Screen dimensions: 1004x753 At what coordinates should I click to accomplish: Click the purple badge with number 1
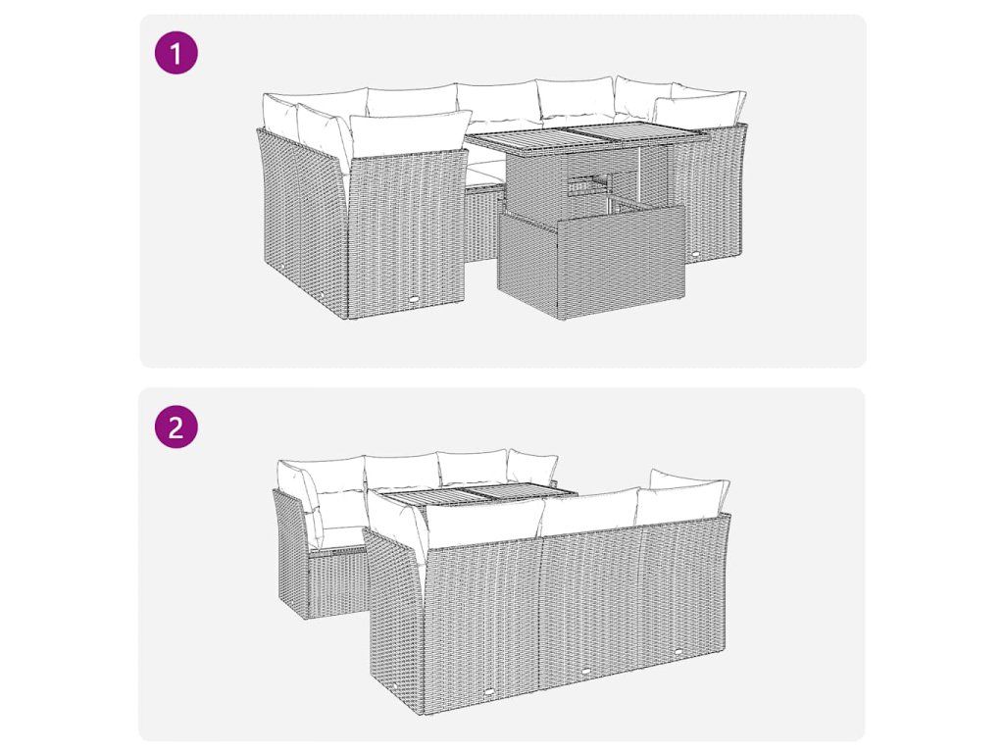tap(176, 53)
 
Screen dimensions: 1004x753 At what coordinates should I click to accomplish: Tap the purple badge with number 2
tap(176, 427)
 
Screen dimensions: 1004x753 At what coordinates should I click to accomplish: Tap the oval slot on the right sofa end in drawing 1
tap(698, 254)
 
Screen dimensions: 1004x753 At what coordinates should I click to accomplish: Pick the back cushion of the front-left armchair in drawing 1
tap(408, 134)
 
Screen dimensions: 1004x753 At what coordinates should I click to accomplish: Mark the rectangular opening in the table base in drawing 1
tap(587, 183)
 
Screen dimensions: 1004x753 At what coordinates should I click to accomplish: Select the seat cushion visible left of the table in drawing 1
tap(484, 172)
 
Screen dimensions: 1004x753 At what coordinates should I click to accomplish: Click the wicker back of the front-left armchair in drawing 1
tap(407, 233)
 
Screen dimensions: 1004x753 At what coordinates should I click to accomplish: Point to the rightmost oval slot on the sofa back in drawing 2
tap(678, 652)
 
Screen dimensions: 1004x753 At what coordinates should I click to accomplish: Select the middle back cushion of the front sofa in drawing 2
tap(590, 512)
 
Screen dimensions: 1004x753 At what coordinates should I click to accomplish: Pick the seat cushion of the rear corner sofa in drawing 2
tap(339, 536)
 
